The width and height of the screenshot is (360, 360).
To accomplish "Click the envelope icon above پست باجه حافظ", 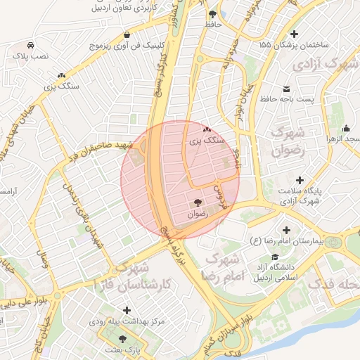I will tap(287, 89).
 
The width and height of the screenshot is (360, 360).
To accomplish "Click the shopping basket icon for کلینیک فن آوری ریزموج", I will tap(127, 34).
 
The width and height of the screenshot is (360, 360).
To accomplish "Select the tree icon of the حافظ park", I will tap(212, 14).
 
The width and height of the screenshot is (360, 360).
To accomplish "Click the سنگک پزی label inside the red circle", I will tap(206, 141).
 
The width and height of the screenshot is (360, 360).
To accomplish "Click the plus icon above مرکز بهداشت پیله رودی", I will tap(127, 310).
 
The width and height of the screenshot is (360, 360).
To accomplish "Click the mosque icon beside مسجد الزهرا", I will tap(346, 129).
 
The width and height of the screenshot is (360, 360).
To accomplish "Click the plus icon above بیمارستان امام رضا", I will tap(286, 230).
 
